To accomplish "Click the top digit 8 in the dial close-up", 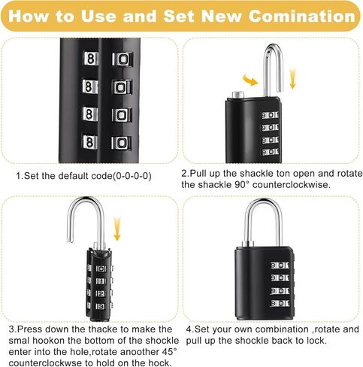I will point(92,59).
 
